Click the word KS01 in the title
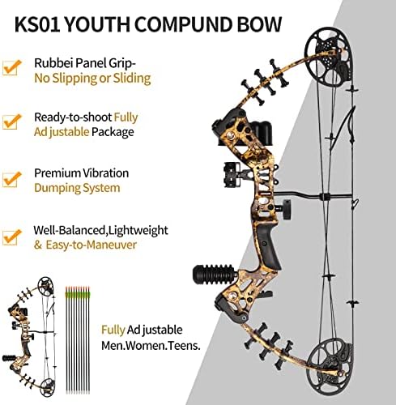37,24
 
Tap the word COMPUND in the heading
184,24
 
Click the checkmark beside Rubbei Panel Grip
11,67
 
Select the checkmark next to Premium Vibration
11,180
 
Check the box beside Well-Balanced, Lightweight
11,237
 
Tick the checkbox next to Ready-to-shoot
11,122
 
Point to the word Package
113,132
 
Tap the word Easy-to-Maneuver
91,245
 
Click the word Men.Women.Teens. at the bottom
151,346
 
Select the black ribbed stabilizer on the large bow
215,274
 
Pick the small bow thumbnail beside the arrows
30,336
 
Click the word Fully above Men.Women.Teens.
113,330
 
